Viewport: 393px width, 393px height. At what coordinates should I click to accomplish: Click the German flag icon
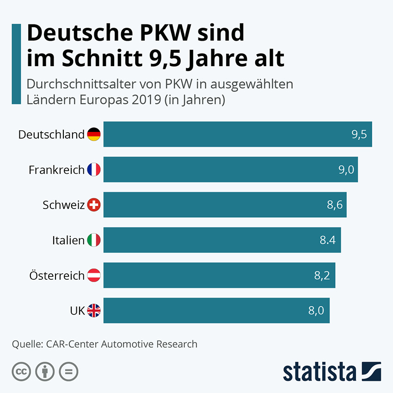click(94, 135)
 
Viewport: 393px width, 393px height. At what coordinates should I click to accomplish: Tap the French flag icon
click(94, 170)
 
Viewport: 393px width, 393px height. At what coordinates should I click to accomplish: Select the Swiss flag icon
click(94, 205)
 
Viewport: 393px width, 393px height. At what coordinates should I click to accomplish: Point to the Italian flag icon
click(94, 240)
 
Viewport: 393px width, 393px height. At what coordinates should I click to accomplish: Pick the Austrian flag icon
click(94, 276)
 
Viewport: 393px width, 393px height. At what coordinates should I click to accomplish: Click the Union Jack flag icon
click(94, 311)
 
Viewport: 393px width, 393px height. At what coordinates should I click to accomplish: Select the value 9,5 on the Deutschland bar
click(359, 135)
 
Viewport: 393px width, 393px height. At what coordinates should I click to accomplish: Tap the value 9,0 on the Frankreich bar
click(346, 170)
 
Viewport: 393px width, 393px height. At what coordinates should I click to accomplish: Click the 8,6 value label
click(335, 205)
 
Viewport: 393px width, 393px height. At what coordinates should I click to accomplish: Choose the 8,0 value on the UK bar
click(316, 311)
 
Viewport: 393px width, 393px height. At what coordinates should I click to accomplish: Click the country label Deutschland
click(51, 135)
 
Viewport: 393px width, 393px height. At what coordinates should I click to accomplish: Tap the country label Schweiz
click(63, 205)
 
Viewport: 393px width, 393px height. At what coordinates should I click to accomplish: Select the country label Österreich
click(57, 276)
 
